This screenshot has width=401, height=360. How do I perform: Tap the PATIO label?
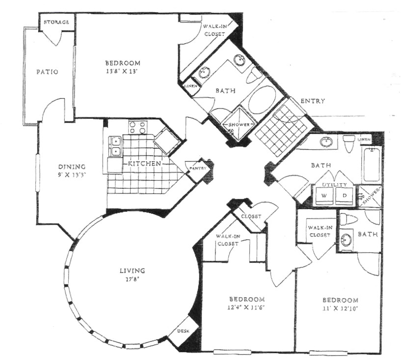coord(47,72)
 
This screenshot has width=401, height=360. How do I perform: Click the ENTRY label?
coord(312,101)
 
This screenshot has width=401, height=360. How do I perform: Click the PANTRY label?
coord(197,168)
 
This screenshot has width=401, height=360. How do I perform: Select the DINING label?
coord(72,166)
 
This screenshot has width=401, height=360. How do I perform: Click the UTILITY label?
coord(334,185)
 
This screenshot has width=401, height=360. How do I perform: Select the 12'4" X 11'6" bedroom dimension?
coord(247,308)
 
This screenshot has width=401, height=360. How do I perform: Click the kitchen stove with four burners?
coord(137,127)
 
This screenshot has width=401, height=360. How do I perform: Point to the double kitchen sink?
coord(116,146)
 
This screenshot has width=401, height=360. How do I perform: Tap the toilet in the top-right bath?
coord(349,144)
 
